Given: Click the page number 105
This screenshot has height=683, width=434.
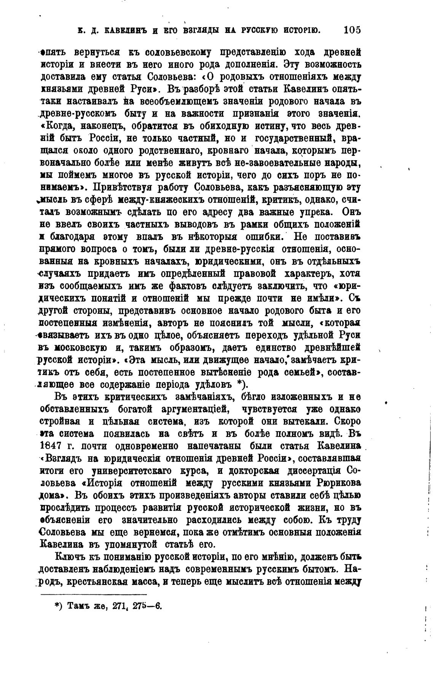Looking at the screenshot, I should point(351,30).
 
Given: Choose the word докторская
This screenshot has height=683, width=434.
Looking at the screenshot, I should point(254,470).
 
